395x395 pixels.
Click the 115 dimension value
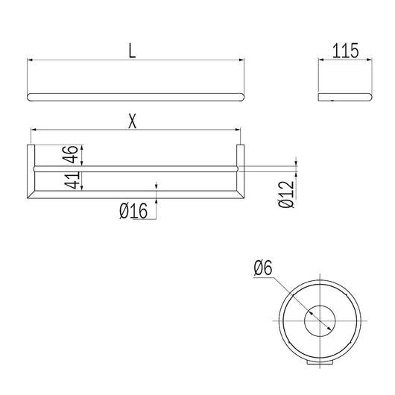point(345,51)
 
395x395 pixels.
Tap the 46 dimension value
point(69,155)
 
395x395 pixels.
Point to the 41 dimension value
point(69,181)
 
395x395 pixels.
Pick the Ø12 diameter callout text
point(285,192)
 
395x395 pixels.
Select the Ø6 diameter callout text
point(263,266)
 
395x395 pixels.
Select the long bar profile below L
point(135,97)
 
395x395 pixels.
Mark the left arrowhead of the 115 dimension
point(320,60)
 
